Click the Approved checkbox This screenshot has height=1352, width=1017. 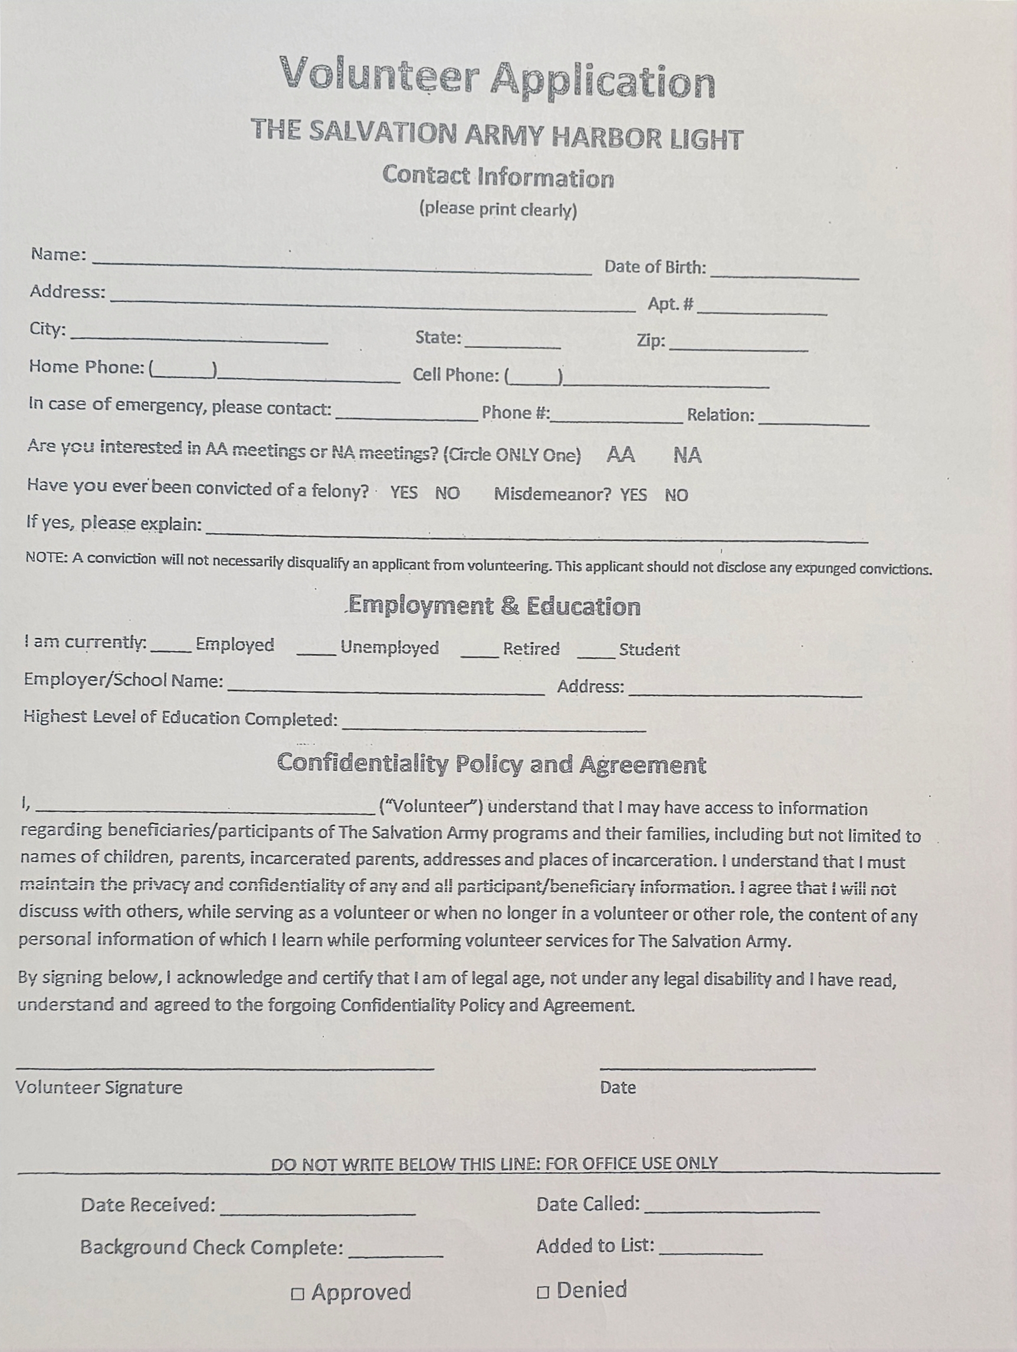pyautogui.click(x=298, y=1294)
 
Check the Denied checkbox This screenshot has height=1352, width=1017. pyautogui.click(x=543, y=1292)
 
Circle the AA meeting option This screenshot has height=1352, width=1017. pyautogui.click(x=621, y=455)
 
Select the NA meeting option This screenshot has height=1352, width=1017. pyautogui.click(x=688, y=455)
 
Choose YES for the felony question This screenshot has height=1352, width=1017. pyautogui.click(x=404, y=493)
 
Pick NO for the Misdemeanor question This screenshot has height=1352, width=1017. pyautogui.click(x=677, y=495)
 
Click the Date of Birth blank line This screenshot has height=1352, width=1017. pyautogui.click(x=785, y=274)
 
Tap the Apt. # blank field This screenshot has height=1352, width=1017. pyautogui.click(x=762, y=309)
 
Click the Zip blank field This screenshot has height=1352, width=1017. pyautogui.click(x=739, y=346)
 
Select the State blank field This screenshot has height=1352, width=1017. pyautogui.click(x=513, y=343)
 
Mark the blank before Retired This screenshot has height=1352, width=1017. pyautogui.click(x=480, y=652)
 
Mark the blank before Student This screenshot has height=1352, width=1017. pyautogui.click(x=596, y=653)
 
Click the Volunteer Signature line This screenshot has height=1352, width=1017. pyautogui.click(x=225, y=1064)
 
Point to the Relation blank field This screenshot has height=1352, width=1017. pyautogui.click(x=813, y=420)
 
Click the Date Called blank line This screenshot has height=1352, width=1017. pyautogui.click(x=731, y=1207)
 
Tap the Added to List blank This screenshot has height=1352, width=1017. pyautogui.click(x=711, y=1250)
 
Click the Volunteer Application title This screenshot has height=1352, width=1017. pyautogui.click(x=497, y=78)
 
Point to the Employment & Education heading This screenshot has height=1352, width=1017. pyautogui.click(x=494, y=606)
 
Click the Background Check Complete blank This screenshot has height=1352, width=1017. pyautogui.click(x=395, y=1252)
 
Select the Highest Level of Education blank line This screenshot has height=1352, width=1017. pyautogui.click(x=494, y=726)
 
